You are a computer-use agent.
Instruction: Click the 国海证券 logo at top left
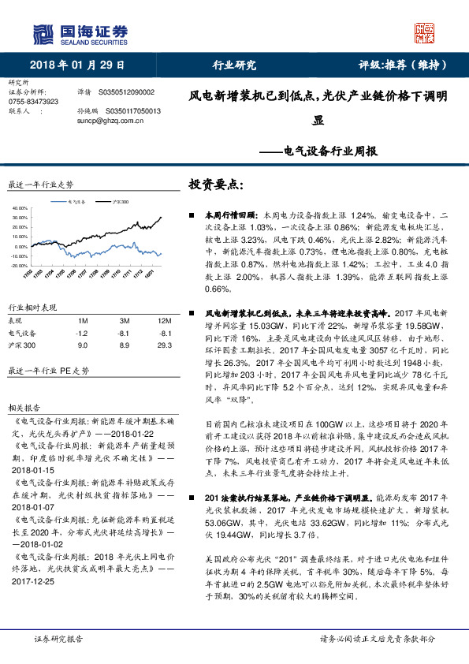79,32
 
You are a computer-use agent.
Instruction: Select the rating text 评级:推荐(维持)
400,65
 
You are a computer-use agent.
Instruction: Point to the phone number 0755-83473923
32,103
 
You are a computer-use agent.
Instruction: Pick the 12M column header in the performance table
164,320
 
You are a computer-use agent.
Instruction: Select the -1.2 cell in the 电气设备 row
83,333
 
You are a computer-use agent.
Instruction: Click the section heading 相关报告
24,408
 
